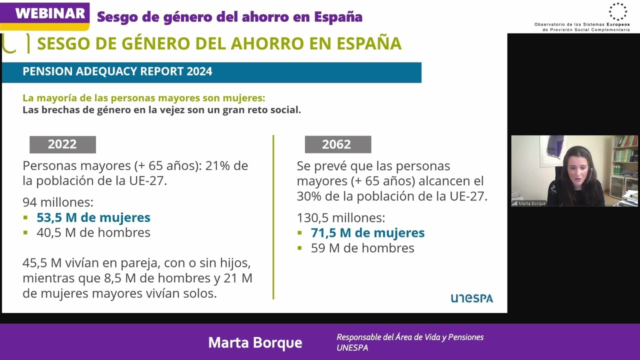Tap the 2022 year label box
pos(62,144)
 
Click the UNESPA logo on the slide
pos(471,298)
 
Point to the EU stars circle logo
pos(617,11)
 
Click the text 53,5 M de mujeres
pos(93,217)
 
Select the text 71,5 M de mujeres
pos(367,233)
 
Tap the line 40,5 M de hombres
pos(93,232)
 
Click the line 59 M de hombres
pos(362,248)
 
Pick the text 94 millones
pos(58,202)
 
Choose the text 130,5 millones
pos(341,218)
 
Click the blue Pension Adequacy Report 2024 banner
pos(211,72)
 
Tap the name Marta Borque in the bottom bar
pos(255,342)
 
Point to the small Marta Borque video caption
pos(531,203)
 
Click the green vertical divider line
pos(273,217)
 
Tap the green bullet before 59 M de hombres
pos(300,248)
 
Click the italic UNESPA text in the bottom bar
pos(352,348)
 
